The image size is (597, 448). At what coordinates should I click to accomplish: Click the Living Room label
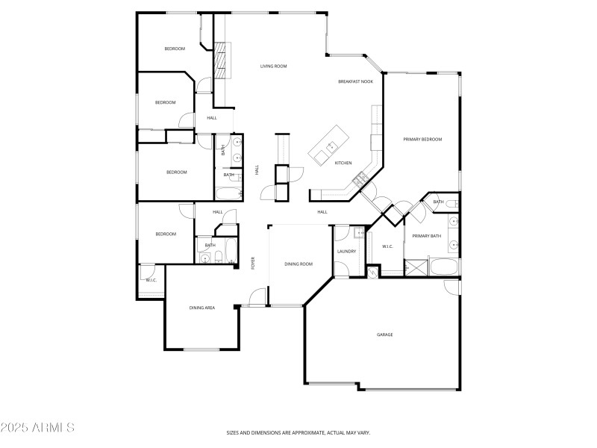pos(273,66)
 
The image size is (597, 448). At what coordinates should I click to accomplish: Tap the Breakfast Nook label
pos(355,81)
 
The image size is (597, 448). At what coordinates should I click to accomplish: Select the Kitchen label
pos(343,163)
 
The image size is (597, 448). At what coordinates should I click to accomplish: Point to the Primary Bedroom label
pos(422,140)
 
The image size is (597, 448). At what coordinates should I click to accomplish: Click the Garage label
pos(384,335)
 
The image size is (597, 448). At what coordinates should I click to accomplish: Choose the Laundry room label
pos(346,252)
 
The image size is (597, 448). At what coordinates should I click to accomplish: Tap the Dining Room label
pos(298,264)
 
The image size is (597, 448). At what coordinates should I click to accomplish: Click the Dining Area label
pos(201,308)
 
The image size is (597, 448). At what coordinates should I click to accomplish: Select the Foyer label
pos(253,263)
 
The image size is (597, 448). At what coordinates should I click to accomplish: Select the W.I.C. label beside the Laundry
pos(387,246)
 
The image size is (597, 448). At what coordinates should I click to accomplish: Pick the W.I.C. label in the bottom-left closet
pos(151,280)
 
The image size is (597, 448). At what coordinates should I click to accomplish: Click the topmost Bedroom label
pos(175,49)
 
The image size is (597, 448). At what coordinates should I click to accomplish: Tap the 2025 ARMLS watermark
pos(37,428)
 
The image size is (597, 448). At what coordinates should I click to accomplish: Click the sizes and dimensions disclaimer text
pos(298,432)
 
